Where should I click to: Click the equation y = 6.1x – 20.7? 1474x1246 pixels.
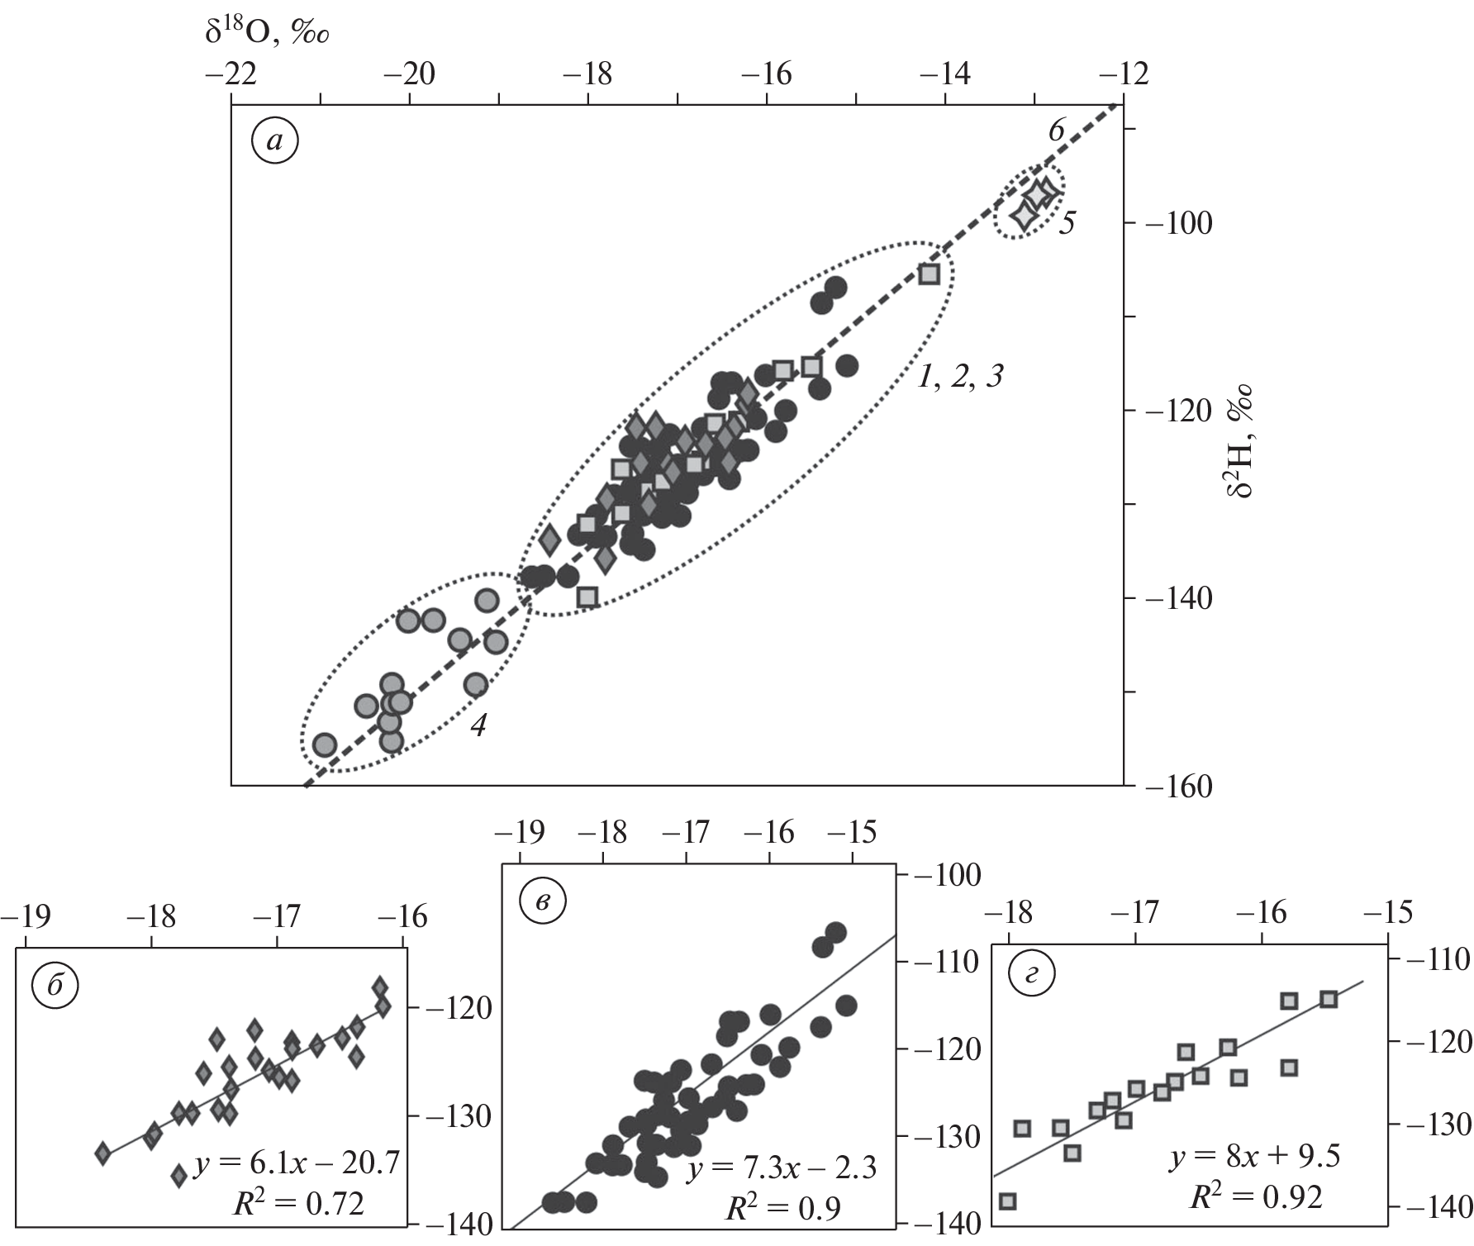(x=297, y=1163)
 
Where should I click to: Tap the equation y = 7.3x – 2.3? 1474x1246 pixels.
(x=782, y=1167)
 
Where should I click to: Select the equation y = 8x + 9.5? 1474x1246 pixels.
(x=1255, y=1156)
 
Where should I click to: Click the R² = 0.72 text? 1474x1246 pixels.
(x=299, y=1204)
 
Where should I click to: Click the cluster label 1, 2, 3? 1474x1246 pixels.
(x=960, y=377)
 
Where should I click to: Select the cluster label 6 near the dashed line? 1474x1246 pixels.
(x=1057, y=130)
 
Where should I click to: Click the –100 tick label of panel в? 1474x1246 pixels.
(x=947, y=874)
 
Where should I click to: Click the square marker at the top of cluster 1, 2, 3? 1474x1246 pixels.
(x=930, y=273)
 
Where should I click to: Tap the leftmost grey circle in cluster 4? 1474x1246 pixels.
(x=324, y=744)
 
